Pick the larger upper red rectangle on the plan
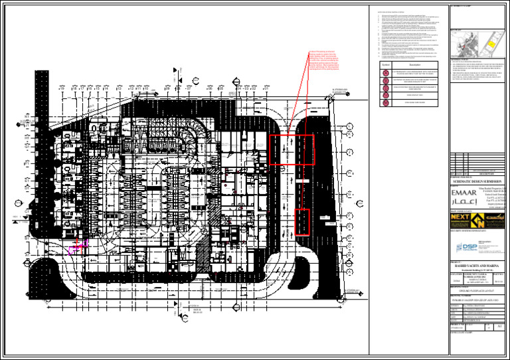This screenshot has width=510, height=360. (292, 149)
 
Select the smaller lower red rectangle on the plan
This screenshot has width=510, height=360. (302, 222)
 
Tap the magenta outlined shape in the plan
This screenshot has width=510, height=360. (74, 249)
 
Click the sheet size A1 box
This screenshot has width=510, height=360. (499, 327)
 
